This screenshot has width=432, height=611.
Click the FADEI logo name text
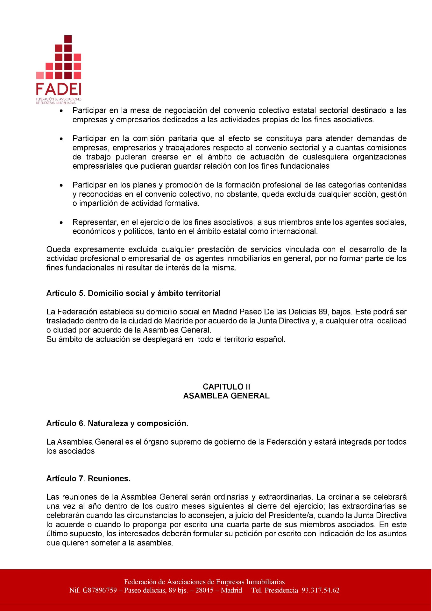click(x=59, y=89)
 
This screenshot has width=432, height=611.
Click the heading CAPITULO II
click(x=226, y=387)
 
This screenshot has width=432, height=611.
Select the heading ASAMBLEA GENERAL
click(x=226, y=396)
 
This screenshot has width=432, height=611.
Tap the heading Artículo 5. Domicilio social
click(x=133, y=293)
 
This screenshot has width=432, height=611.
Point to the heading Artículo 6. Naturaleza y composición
click(x=117, y=424)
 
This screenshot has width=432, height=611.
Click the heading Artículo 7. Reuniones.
click(x=88, y=479)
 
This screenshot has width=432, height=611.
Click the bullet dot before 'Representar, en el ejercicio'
click(x=61, y=223)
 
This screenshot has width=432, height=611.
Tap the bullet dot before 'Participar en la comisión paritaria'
click(x=61, y=139)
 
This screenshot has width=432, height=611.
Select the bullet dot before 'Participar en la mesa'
click(x=61, y=111)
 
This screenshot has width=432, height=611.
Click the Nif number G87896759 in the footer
click(x=100, y=591)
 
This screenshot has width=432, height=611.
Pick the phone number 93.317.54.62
click(x=321, y=591)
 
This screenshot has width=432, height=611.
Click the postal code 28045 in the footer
click(x=204, y=591)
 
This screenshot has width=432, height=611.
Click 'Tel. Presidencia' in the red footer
click(x=274, y=591)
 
